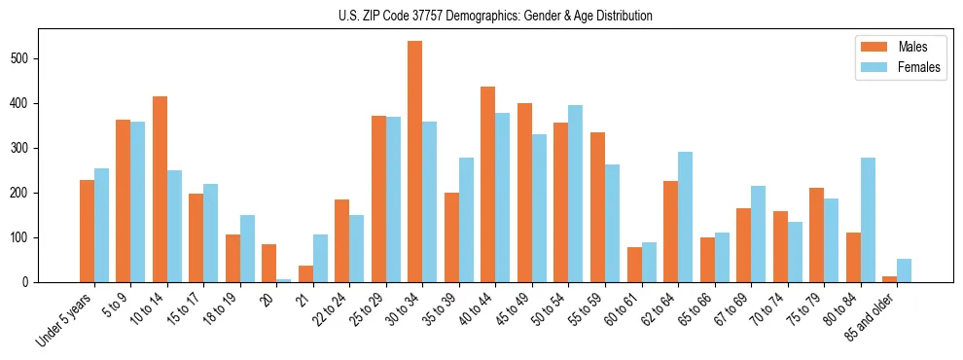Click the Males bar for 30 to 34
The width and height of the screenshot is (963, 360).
pyautogui.click(x=415, y=162)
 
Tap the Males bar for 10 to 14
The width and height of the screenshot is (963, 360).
pyautogui.click(x=160, y=190)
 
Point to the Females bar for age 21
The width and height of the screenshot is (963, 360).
pyautogui.click(x=320, y=259)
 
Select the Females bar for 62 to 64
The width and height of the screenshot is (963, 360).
pyautogui.click(x=685, y=217)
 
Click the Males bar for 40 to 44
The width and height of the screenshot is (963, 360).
pyautogui.click(x=488, y=185)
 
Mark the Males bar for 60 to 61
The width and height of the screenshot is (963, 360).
pyautogui.click(x=634, y=265)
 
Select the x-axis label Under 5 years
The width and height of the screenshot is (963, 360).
pyautogui.click(x=66, y=319)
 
